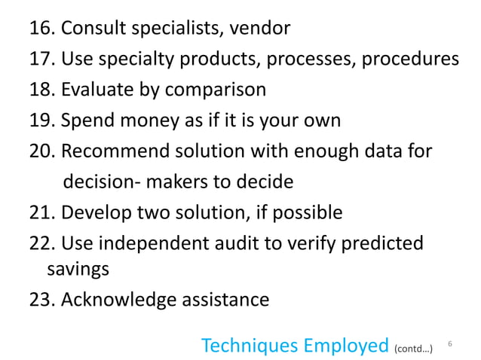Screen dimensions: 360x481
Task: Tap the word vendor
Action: click(x=261, y=29)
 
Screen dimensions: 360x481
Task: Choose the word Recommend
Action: click(x=115, y=151)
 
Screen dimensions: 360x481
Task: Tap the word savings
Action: click(x=78, y=269)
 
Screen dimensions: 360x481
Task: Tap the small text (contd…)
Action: click(x=413, y=349)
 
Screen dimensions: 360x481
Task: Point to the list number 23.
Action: click(x=42, y=300)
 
